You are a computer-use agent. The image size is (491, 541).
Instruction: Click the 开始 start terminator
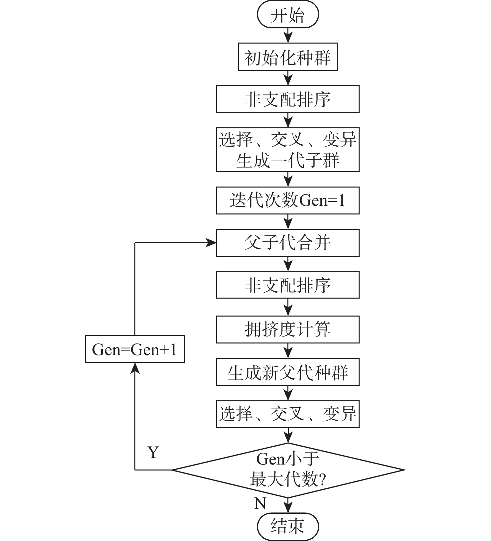[x=288, y=15]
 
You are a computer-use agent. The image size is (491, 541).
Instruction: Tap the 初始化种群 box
[x=288, y=57]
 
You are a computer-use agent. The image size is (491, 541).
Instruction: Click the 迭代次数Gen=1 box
[x=288, y=201]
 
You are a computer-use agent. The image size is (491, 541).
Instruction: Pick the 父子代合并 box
[x=288, y=243]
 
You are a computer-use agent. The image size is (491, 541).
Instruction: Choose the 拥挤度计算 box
[x=288, y=330]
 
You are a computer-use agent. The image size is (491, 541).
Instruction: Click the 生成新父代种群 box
[x=288, y=372]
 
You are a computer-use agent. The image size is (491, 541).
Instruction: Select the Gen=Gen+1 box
[x=135, y=349]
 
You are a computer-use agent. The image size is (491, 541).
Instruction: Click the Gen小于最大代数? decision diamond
[x=288, y=470]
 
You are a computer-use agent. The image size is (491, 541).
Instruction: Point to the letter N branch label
[x=260, y=503]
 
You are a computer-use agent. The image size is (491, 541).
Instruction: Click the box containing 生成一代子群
[x=288, y=150]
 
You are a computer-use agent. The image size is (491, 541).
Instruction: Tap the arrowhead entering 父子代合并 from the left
[x=212, y=243]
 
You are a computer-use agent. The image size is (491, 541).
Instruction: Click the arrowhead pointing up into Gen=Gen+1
[x=135, y=367]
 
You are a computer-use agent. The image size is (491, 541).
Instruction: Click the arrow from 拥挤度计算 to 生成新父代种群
[x=288, y=350]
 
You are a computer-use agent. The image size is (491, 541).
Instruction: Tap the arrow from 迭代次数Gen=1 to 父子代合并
[x=288, y=221]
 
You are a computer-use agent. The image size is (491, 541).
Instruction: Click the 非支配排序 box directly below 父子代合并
[x=288, y=285]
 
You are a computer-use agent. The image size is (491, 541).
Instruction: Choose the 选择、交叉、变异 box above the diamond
[x=288, y=414]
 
